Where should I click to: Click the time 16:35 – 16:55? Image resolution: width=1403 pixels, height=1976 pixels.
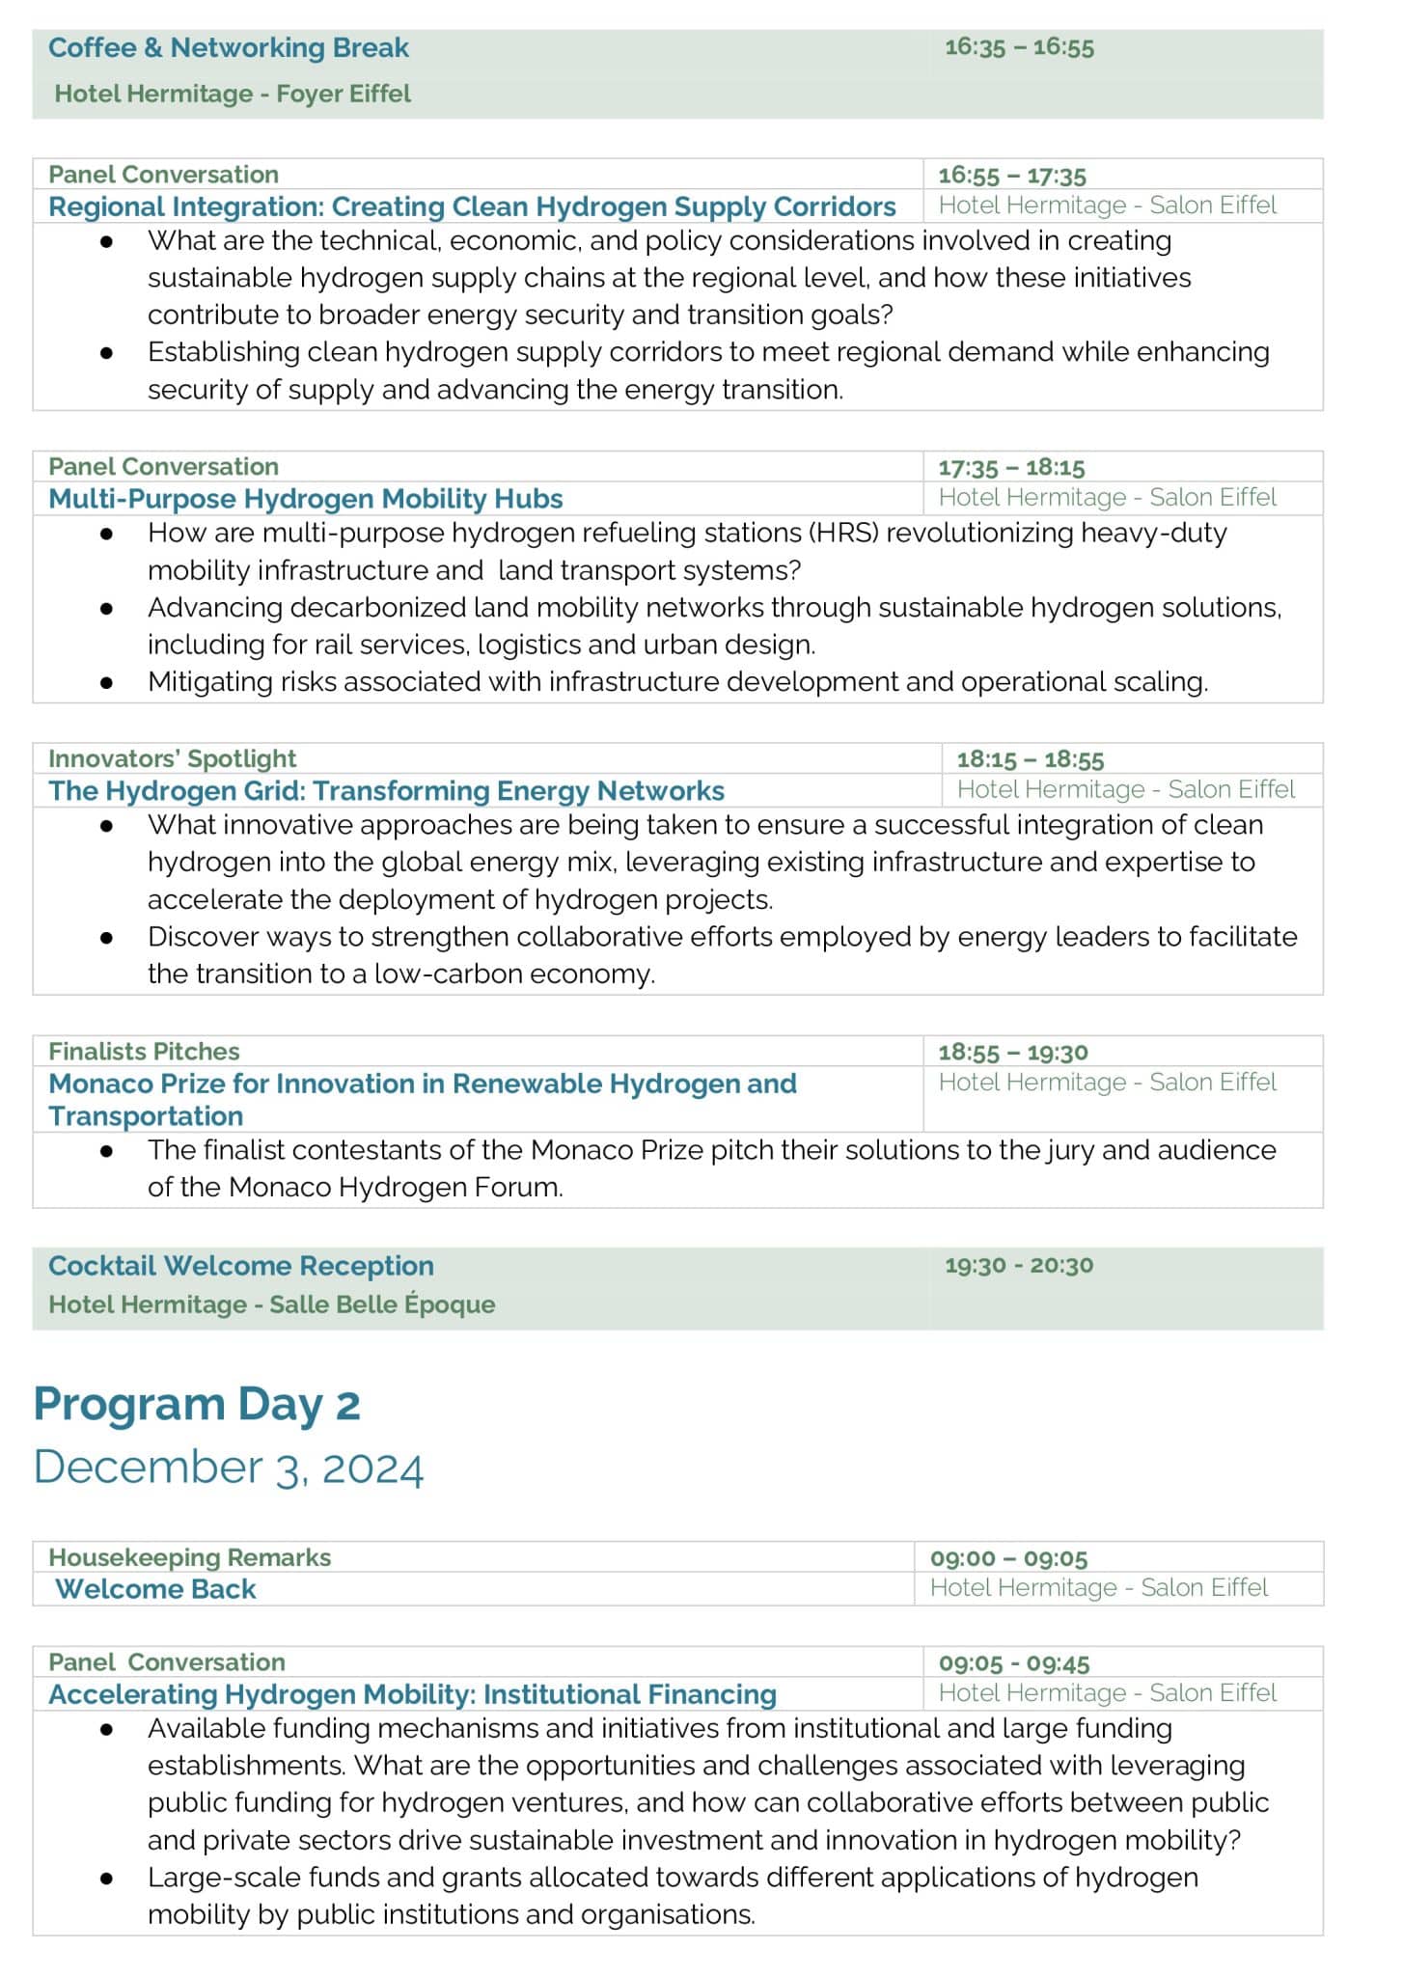click(1019, 47)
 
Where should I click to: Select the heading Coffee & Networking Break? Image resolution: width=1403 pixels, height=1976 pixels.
click(229, 47)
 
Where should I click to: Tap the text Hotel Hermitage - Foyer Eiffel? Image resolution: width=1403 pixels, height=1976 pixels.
click(233, 94)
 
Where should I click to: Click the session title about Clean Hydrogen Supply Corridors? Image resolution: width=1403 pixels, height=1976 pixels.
click(472, 206)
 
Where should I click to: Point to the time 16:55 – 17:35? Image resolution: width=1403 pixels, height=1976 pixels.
click(1012, 176)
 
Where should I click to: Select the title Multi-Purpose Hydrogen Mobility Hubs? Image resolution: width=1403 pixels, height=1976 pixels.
click(306, 499)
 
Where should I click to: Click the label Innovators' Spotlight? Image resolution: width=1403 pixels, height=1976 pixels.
click(173, 758)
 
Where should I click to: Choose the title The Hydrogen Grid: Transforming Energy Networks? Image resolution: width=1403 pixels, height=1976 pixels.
click(386, 791)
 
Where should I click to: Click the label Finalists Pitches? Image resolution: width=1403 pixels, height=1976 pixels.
click(144, 1052)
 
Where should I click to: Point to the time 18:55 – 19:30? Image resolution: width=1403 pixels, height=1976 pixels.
click(1013, 1052)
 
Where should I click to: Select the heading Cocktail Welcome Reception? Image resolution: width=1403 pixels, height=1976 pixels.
click(241, 1266)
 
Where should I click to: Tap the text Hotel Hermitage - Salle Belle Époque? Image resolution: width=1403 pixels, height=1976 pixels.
click(272, 1304)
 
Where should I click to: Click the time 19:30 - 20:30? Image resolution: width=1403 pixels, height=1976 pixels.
click(1019, 1265)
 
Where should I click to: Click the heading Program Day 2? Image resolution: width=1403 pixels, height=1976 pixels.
click(197, 1404)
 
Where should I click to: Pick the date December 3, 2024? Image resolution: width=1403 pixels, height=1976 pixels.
click(229, 1468)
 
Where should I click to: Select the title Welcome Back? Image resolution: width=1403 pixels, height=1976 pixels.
click(155, 1589)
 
